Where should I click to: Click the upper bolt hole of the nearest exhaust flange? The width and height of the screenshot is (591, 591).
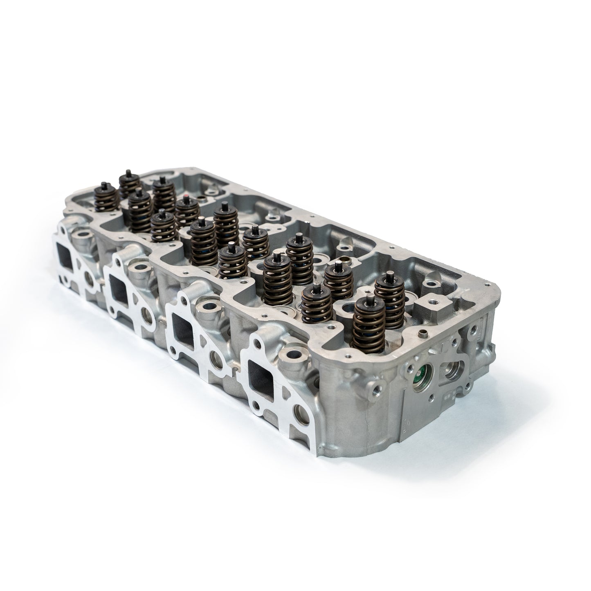click(x=256, y=339)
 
